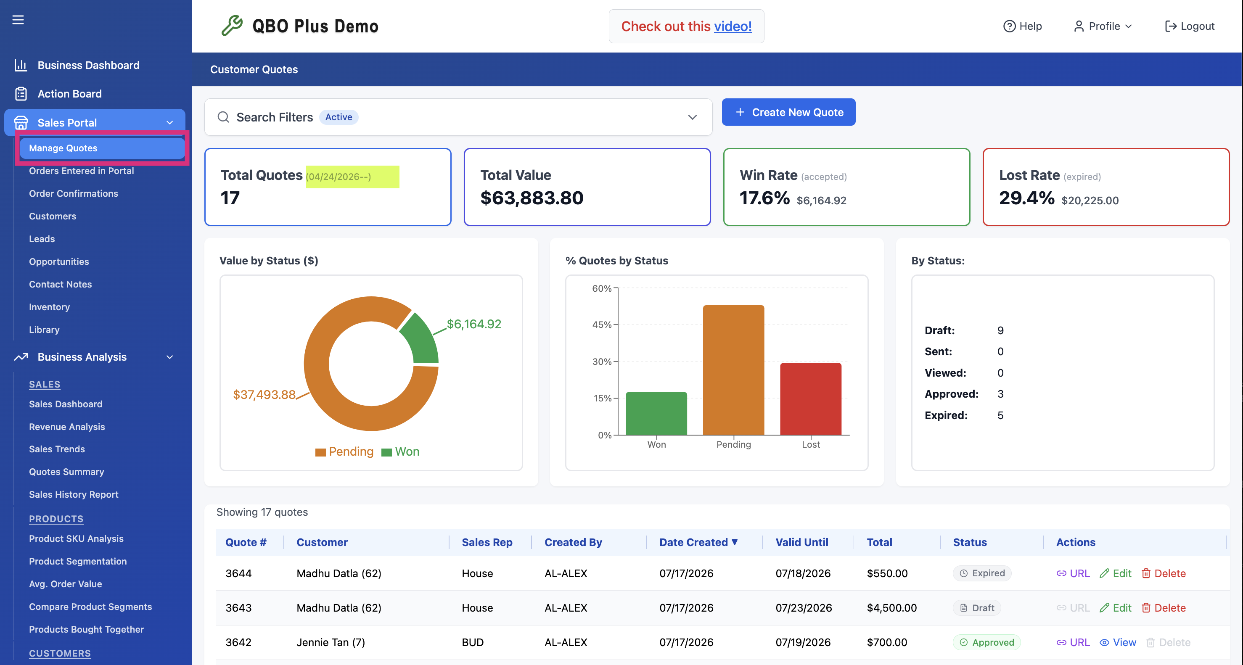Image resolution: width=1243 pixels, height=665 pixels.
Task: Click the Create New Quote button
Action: (x=788, y=112)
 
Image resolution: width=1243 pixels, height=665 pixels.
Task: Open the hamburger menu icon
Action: (x=18, y=20)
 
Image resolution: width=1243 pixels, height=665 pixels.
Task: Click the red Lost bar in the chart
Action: (x=811, y=399)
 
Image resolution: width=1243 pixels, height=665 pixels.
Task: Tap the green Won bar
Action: (x=656, y=413)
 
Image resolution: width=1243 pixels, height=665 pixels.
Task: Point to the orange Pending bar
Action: (x=733, y=370)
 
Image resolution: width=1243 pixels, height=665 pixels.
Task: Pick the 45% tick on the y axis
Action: (x=602, y=325)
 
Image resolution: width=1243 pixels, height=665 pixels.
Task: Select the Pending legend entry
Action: (x=344, y=451)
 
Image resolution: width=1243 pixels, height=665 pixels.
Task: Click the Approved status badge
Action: (x=987, y=642)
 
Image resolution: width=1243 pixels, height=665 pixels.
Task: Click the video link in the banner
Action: (x=733, y=26)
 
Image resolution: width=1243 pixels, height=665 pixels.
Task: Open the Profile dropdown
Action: (x=1103, y=26)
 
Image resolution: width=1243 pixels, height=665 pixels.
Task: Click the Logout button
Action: (x=1190, y=26)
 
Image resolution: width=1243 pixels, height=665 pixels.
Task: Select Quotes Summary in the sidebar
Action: (x=66, y=472)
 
